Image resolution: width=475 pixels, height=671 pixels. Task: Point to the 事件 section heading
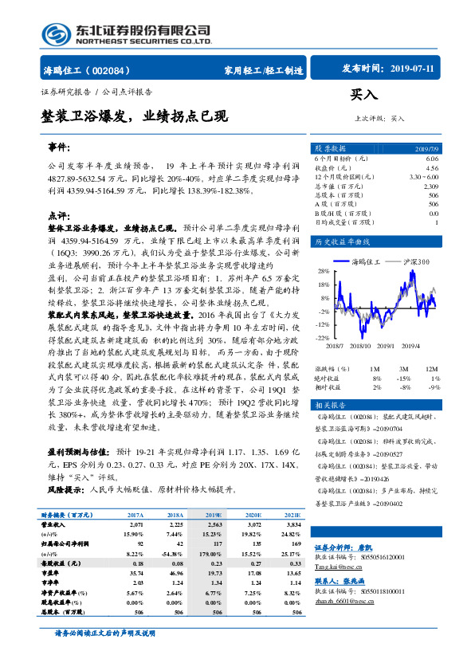coord(61,149)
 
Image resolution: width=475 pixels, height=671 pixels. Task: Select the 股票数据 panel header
coord(329,148)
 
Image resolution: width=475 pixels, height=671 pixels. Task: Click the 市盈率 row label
coord(52,572)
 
